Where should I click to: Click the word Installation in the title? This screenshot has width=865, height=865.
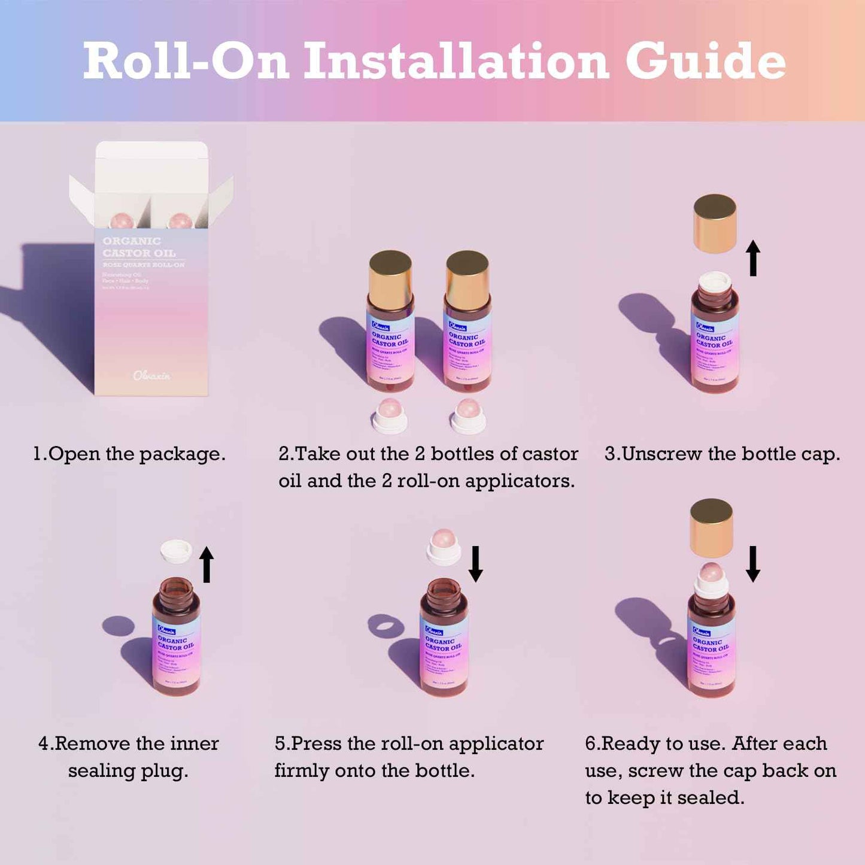tap(456, 61)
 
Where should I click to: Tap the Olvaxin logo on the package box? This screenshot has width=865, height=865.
tap(151, 375)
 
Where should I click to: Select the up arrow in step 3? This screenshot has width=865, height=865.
tap(753, 258)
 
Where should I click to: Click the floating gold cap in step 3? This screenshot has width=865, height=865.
tap(715, 223)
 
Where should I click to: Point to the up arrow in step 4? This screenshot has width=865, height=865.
tap(207, 564)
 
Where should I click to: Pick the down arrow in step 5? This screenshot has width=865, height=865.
tap(475, 564)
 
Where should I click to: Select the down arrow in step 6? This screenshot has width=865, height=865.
tap(753, 564)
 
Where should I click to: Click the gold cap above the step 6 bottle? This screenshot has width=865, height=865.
tap(711, 528)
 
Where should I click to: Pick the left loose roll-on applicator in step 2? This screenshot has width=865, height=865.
tap(390, 415)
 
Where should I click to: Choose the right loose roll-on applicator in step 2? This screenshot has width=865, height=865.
tap(468, 415)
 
